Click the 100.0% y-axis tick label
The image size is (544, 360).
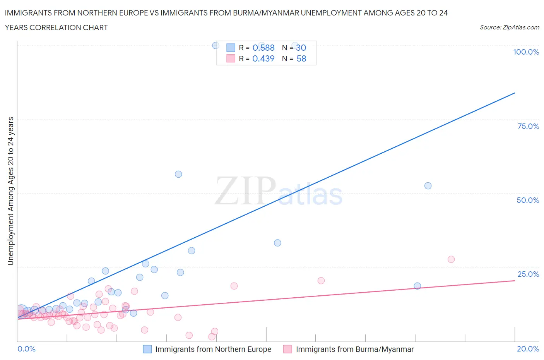[526, 52]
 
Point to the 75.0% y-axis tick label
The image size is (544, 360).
[528, 126]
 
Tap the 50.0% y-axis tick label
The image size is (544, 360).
[528, 200]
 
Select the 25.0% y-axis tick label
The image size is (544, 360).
[528, 274]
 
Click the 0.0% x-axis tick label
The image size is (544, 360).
[26, 349]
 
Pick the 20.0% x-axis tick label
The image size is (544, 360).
[528, 349]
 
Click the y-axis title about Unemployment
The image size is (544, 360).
[10, 191]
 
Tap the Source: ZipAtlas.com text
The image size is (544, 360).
[509, 27]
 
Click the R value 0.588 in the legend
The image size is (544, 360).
[263, 48]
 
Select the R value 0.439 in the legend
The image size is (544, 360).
[263, 58]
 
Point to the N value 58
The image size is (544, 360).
[301, 58]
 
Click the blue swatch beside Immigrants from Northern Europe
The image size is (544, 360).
[147, 349]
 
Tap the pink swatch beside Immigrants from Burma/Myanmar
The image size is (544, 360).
[287, 349]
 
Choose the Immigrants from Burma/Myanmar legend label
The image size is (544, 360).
[354, 349]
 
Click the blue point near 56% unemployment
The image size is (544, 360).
[178, 174]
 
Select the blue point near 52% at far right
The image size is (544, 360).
[428, 186]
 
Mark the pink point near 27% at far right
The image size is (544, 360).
[451, 259]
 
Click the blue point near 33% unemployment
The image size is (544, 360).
[277, 243]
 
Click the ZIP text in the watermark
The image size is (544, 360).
[245, 191]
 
